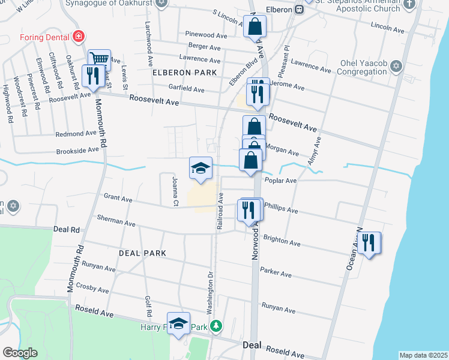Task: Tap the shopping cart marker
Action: point(99,59)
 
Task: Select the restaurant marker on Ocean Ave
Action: point(369,243)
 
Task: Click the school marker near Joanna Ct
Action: point(200,167)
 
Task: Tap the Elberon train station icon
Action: point(298,9)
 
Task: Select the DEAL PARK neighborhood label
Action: point(142,253)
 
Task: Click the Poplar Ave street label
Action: point(282,181)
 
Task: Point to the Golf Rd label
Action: point(147,306)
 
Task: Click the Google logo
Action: point(20,352)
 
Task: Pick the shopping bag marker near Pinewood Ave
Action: point(255,26)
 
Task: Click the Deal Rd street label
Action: point(66,229)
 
